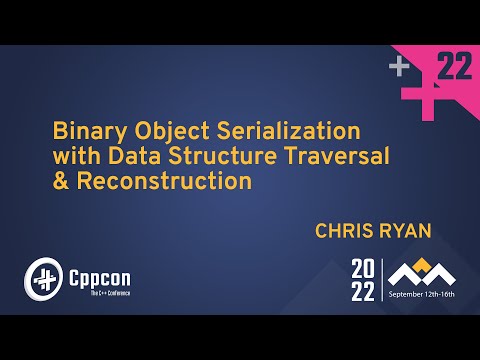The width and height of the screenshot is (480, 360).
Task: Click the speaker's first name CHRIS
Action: (346, 231)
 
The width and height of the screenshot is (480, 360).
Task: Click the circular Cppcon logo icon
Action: (42, 276)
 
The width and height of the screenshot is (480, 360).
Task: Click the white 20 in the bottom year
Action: (362, 268)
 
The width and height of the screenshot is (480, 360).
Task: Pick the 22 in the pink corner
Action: (455, 67)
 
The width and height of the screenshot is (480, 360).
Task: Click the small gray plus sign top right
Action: (400, 67)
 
